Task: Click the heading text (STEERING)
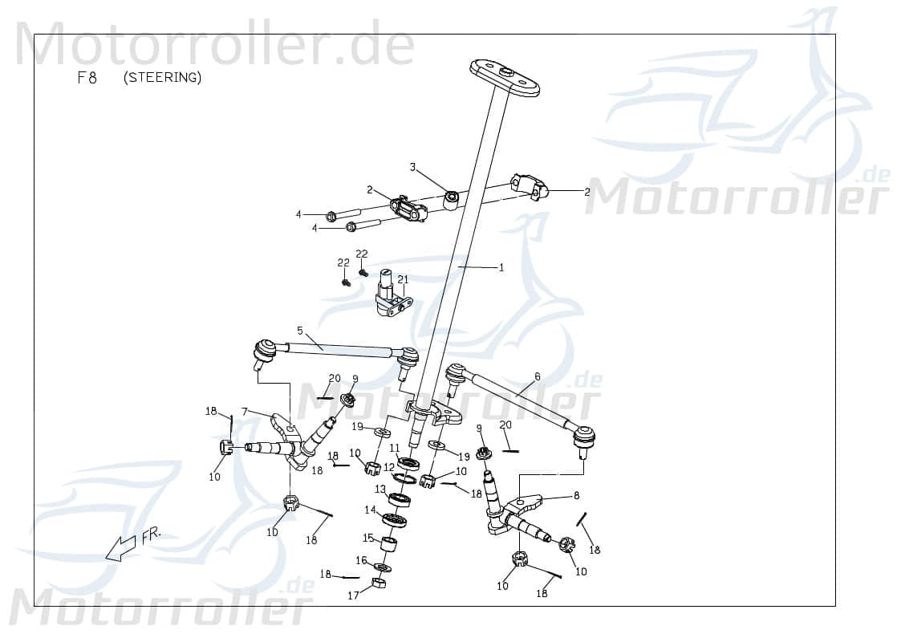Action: (x=163, y=78)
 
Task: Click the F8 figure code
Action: (x=87, y=79)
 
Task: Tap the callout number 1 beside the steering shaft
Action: (x=501, y=268)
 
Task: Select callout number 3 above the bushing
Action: (x=412, y=167)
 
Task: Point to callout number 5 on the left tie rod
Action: (x=299, y=330)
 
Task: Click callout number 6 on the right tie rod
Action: (x=537, y=376)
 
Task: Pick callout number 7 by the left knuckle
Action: (x=245, y=411)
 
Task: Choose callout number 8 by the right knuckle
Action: (x=576, y=496)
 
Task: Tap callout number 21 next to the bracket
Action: (x=403, y=279)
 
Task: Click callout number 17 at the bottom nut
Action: (x=353, y=595)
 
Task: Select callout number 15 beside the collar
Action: (x=367, y=538)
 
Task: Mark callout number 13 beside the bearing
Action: (x=379, y=489)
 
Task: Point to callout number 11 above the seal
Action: (x=395, y=448)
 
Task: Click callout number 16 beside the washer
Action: (x=361, y=560)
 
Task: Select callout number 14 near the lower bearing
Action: (x=370, y=510)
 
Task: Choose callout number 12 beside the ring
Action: (x=388, y=466)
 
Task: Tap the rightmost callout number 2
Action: (x=586, y=192)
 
